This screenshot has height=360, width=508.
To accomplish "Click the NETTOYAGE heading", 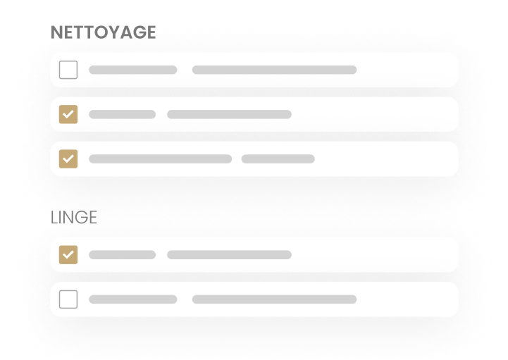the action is pos(104,32).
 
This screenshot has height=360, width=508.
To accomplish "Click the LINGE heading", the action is pos(74,217).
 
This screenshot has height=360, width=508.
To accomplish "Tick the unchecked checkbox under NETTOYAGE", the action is pos(68,70).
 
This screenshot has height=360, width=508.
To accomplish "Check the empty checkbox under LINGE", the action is pos(68,299).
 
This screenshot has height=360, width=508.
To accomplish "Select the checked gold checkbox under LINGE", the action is pos(68,255).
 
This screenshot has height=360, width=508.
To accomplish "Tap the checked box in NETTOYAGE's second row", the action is pos(68,114).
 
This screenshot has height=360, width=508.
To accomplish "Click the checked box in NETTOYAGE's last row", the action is pos(68,159).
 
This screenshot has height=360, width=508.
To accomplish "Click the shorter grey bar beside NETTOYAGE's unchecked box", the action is pos(133,70).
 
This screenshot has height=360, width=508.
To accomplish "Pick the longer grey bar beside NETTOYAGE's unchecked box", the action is pos(274,70).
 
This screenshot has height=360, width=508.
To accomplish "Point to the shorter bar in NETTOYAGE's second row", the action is pos(122,114).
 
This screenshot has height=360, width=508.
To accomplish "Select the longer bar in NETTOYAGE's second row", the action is pos(230,114).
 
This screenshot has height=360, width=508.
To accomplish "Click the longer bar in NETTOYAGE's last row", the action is pos(161,159).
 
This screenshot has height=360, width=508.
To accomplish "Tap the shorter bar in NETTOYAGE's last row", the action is pos(278,159).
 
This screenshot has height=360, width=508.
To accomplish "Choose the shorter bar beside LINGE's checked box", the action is pos(122,255).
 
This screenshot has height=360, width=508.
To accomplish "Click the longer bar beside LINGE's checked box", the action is pos(230,255).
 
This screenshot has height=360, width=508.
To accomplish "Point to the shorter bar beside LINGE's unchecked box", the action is pos(133,299).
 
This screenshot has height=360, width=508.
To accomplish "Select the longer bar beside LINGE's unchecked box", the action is pos(274,299).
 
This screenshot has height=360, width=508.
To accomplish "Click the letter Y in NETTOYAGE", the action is pos(114,32).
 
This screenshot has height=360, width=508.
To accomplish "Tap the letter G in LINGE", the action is pos(81,217).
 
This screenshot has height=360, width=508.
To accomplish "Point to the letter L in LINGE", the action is pos(54,217).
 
